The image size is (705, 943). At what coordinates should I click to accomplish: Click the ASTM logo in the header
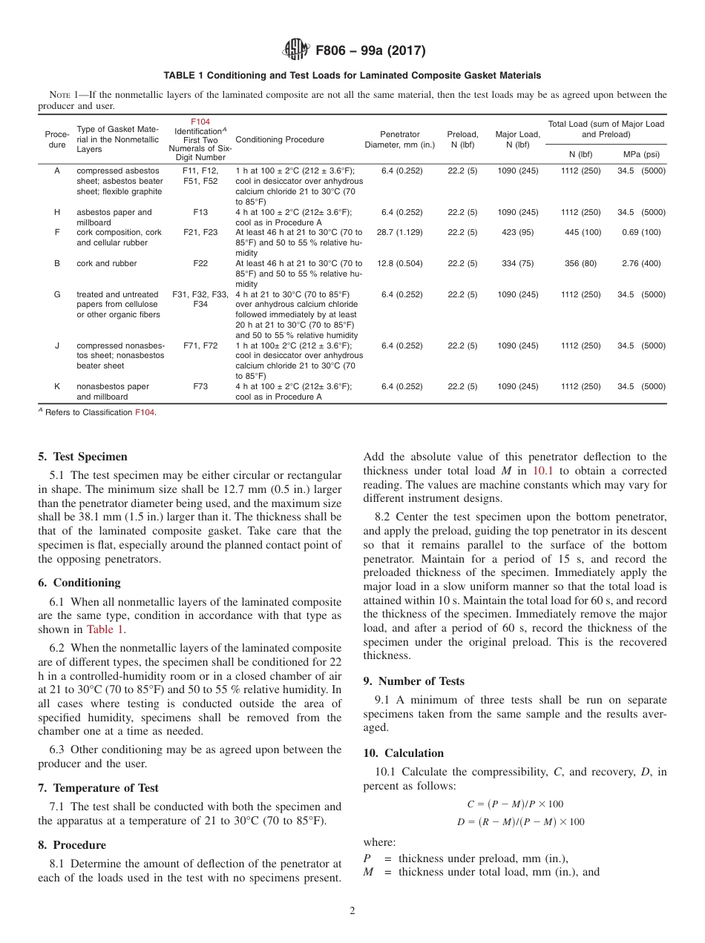(296, 51)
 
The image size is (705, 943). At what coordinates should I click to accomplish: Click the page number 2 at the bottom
(352, 910)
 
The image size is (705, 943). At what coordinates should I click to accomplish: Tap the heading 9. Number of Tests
(413, 681)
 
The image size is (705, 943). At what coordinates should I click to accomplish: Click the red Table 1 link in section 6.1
(106, 629)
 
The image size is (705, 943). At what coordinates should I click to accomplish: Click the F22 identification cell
(200, 263)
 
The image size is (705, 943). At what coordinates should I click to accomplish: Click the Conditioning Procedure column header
(280, 139)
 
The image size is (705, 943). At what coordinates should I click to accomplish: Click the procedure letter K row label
(57, 386)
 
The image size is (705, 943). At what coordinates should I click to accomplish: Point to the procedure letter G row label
(57, 294)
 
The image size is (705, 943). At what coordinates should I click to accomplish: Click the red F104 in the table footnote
(144, 412)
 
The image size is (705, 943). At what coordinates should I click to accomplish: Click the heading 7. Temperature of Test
(105, 788)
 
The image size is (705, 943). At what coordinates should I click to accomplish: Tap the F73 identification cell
(200, 386)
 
